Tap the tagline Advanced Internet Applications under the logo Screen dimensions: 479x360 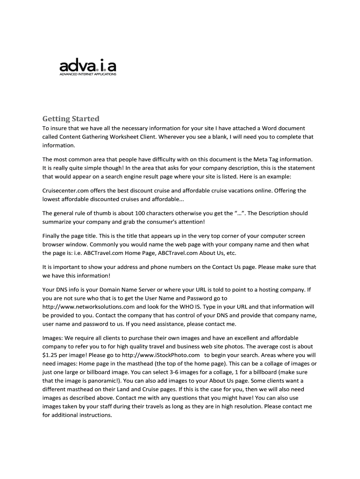pos(87,74)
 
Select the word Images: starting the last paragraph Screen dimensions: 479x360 pos(52,338)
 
